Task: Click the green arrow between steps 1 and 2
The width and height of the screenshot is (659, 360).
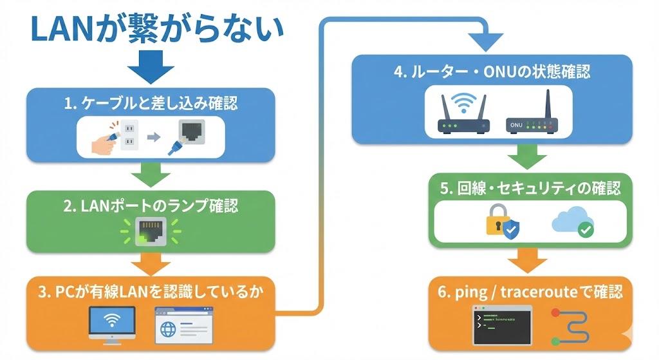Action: coord(151,174)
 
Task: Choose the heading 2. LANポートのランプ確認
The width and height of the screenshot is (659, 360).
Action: coord(151,206)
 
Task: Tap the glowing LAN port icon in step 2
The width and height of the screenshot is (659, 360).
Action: coord(151,231)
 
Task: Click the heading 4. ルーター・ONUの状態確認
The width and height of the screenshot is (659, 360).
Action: coord(492,71)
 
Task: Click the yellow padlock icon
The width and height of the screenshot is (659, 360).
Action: coord(499,220)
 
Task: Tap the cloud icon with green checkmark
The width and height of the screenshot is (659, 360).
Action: coord(571,221)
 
